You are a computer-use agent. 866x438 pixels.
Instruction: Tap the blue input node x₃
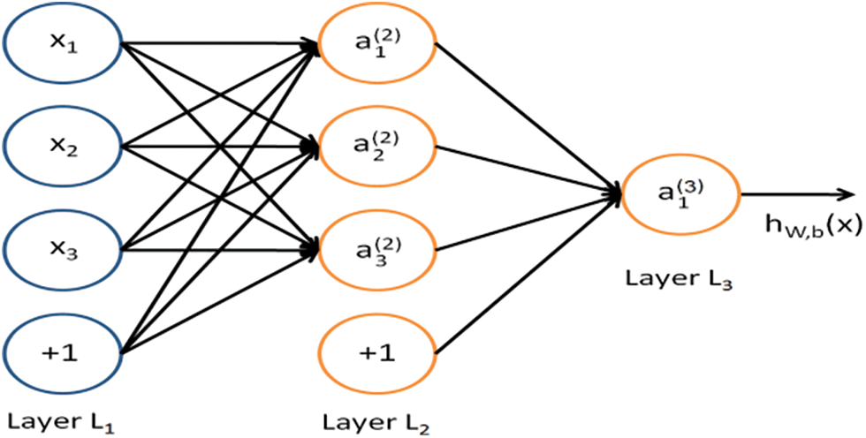(x=61, y=250)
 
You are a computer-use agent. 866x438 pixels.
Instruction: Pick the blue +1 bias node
(x=61, y=352)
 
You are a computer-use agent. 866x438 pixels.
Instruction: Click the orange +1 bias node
(x=376, y=352)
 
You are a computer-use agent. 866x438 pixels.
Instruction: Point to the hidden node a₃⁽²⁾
(x=376, y=250)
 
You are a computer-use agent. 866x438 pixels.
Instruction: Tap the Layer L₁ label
(x=61, y=420)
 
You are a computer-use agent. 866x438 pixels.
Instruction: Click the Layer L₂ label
(x=376, y=420)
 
